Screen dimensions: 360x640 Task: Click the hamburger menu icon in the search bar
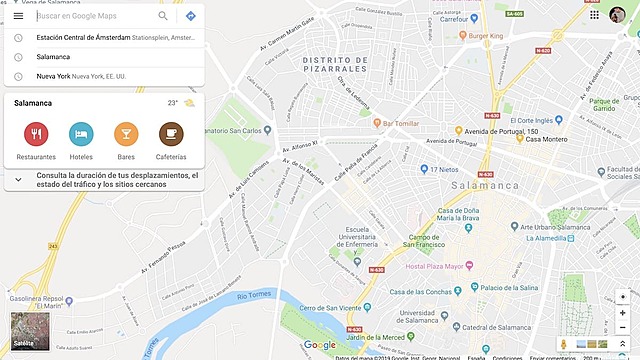(18, 16)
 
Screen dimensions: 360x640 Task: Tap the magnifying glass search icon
(163, 16)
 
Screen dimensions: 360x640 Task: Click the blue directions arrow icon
(190, 16)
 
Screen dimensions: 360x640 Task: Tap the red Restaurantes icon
(36, 134)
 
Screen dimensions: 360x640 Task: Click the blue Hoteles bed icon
(81, 134)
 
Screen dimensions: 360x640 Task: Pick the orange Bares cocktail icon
(126, 134)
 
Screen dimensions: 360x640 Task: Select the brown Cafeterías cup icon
(171, 134)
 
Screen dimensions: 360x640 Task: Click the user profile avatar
(618, 15)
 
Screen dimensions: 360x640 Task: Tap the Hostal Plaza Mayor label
(437, 266)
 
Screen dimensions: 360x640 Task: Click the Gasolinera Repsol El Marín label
(36, 303)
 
